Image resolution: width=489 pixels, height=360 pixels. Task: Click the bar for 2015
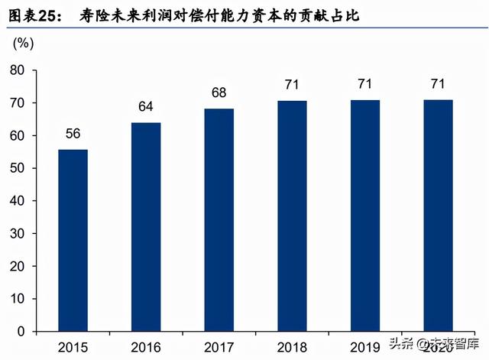coord(73,240)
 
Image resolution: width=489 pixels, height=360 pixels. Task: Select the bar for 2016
coord(146,227)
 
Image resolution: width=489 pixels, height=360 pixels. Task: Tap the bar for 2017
coord(219,220)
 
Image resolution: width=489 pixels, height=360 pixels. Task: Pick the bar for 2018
coord(292,216)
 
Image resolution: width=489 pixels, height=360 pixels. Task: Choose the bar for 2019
coord(365,216)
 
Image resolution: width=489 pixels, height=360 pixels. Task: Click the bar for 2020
coord(438,216)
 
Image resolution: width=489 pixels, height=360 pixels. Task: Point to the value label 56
coord(73,133)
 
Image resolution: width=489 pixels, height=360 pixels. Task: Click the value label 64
coord(146,106)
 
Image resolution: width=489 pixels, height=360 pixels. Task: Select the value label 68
coord(219,93)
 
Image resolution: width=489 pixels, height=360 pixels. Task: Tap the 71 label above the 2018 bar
coord(292,83)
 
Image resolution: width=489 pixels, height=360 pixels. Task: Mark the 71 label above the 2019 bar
coord(365,83)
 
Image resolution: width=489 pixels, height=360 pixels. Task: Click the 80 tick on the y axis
coord(18,70)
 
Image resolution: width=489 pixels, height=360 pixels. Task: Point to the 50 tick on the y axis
coord(18,168)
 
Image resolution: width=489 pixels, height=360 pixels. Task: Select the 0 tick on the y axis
coord(22,331)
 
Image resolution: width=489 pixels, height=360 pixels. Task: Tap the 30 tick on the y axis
coord(18,233)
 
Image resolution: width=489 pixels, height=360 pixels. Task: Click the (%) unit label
coord(24,42)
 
